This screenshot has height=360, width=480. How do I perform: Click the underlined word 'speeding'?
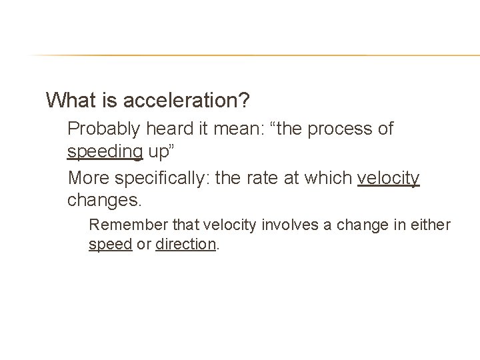pos(105,152)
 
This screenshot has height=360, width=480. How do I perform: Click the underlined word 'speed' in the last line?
pos(110,244)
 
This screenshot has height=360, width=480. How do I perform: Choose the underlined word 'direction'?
pos(186,244)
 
